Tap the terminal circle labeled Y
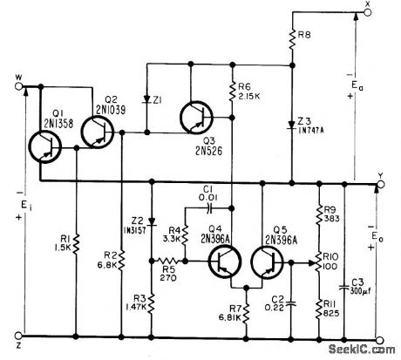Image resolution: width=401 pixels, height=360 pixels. coord(378,185)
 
